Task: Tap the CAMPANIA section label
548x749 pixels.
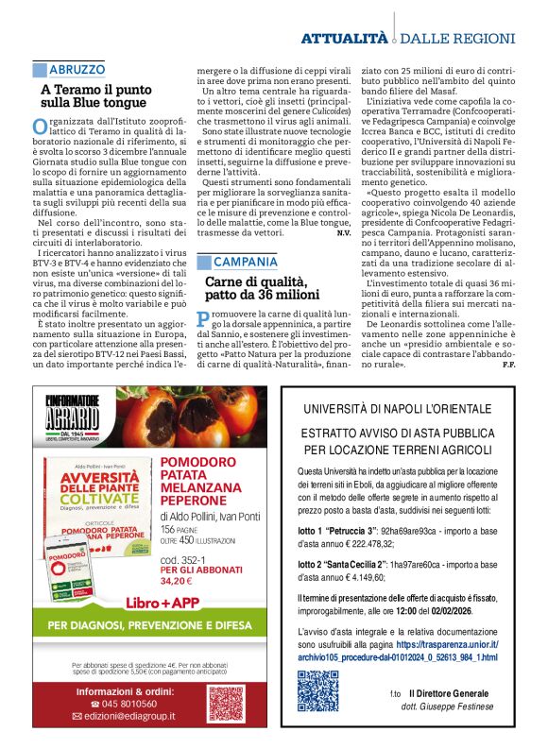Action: (245, 262)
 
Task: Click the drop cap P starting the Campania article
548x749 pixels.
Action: (201, 317)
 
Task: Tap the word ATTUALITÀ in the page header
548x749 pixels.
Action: (344, 38)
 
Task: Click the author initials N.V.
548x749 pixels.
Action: (344, 232)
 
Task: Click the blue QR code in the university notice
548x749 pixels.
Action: (318, 690)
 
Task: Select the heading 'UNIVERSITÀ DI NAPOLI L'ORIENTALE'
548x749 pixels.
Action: (397, 409)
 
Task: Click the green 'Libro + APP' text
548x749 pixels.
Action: (158, 574)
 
